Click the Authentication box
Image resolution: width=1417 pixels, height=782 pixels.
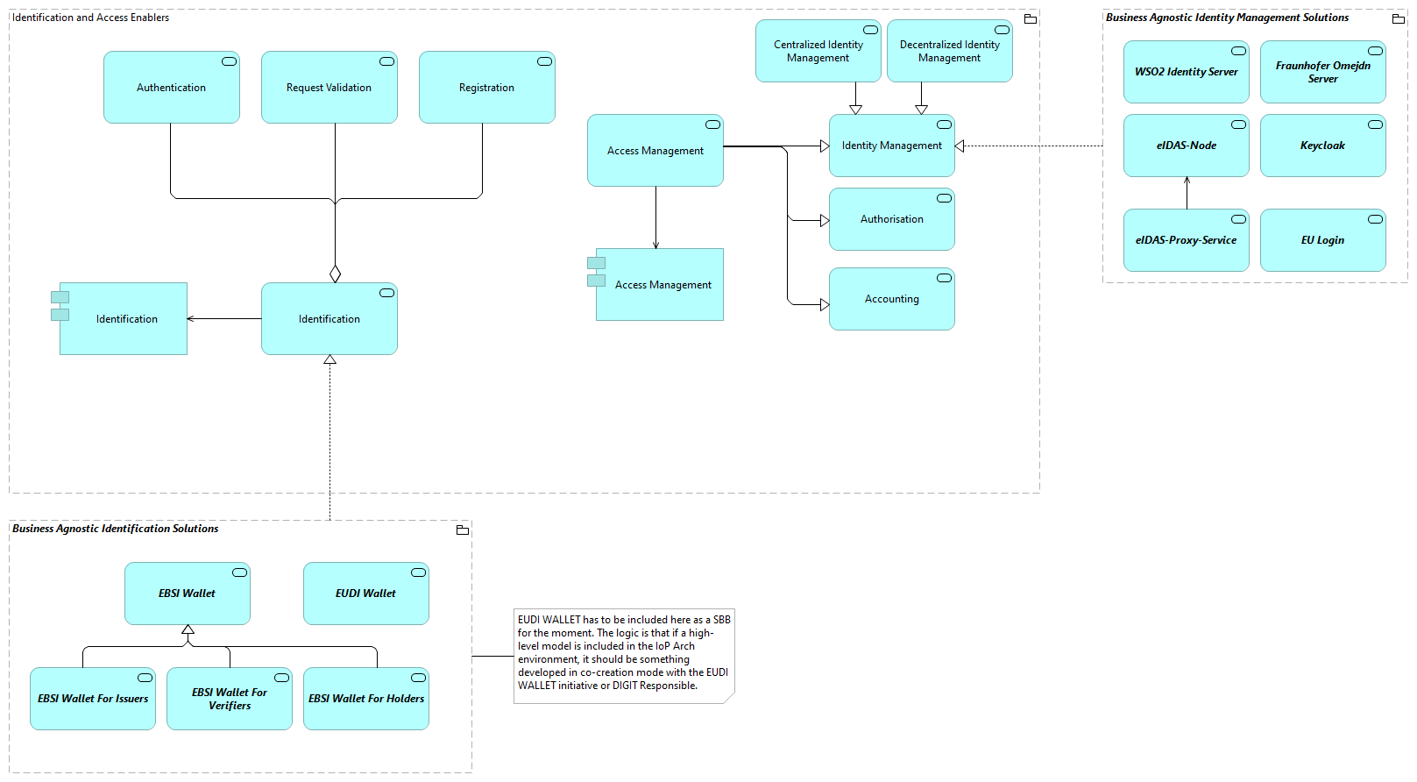point(172,88)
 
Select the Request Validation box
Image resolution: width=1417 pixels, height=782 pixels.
point(329,88)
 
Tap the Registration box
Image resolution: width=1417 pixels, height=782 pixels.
point(487,88)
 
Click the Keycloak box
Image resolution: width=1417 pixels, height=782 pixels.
point(1322,146)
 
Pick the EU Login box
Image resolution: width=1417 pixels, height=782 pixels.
point(1322,240)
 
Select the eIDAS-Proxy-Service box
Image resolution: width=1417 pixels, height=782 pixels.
point(1186,240)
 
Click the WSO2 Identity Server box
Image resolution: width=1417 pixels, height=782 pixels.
point(1186,72)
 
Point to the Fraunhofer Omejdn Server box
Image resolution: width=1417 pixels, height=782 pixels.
point(1322,72)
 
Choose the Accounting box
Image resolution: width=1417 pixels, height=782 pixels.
point(891,299)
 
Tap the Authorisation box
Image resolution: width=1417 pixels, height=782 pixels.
point(891,219)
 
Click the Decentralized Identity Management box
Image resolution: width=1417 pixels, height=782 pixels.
point(949,51)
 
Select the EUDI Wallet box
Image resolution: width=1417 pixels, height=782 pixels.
point(365,594)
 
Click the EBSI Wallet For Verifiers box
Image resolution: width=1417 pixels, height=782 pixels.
point(230,699)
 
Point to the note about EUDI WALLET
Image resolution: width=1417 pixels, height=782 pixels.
point(623,653)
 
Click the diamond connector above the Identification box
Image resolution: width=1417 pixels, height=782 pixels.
point(335,274)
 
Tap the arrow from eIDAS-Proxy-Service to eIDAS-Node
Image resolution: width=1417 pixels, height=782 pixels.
point(1187,193)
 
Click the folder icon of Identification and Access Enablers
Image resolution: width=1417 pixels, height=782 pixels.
point(1031,18)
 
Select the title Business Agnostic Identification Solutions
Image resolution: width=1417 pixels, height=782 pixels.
point(115,529)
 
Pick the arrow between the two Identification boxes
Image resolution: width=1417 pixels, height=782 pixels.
point(223,319)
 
